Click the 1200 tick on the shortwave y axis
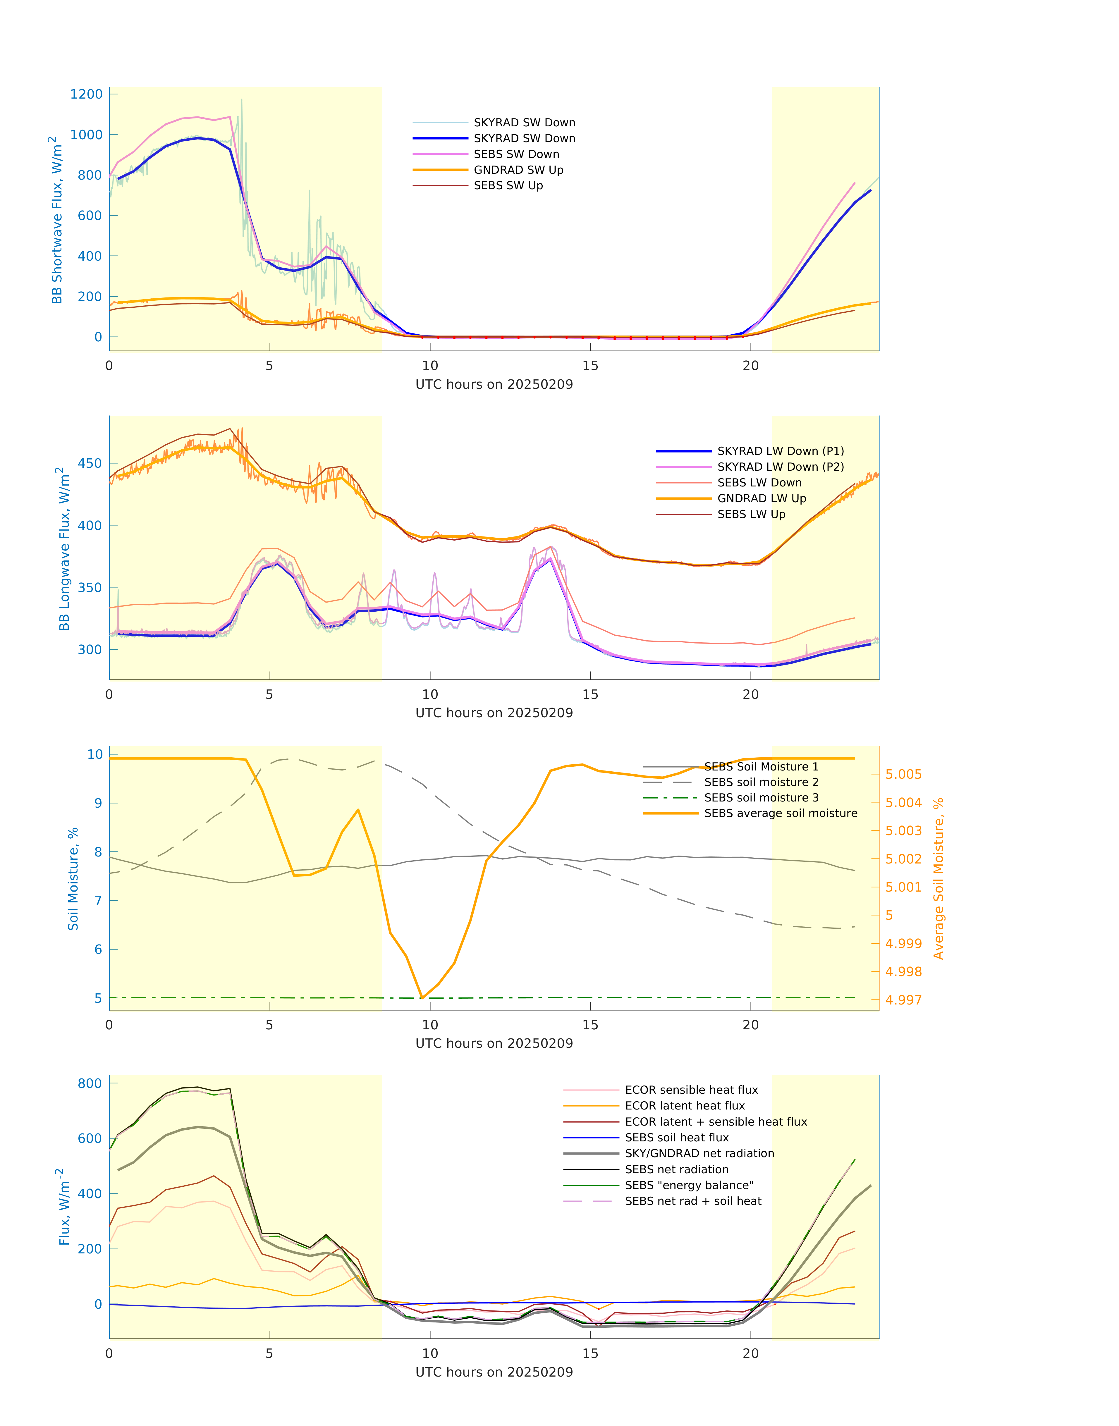[87, 94]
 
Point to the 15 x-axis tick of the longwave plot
[590, 694]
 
